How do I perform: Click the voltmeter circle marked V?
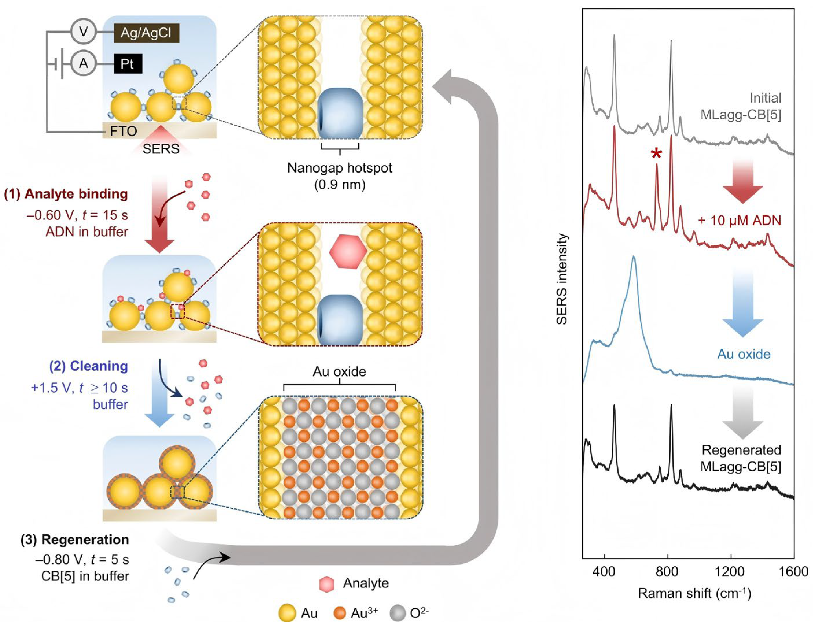(83, 32)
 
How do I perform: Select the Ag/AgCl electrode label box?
(146, 33)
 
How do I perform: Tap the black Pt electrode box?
(128, 64)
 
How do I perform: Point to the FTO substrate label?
(123, 131)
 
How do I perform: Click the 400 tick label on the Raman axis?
(604, 571)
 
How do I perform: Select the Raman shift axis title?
(694, 593)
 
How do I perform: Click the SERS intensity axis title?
(562, 279)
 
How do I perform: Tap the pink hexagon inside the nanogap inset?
(348, 251)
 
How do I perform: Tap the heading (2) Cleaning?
(89, 366)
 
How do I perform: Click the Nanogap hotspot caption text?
(339, 168)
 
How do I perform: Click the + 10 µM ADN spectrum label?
(739, 221)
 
